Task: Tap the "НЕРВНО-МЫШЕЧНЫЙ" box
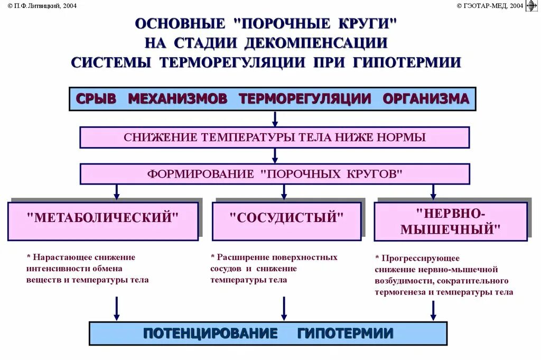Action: coord(450,221)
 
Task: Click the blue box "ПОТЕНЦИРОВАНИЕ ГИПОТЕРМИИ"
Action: coord(268,334)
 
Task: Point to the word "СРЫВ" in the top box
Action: coord(96,99)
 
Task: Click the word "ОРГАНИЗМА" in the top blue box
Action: coord(426,99)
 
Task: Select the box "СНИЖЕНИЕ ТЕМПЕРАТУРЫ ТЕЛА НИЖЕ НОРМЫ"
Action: coord(274,137)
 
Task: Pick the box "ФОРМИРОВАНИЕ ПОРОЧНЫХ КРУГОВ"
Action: coord(274,174)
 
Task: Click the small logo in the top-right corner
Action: coord(532,6)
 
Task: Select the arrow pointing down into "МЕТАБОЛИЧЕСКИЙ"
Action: coord(117,192)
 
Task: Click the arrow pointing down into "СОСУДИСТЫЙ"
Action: coord(284,192)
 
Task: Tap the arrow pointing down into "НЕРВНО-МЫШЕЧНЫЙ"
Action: coord(433,192)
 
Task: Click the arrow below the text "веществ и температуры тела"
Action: coord(117,308)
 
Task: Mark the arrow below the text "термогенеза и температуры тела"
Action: coord(433,310)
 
